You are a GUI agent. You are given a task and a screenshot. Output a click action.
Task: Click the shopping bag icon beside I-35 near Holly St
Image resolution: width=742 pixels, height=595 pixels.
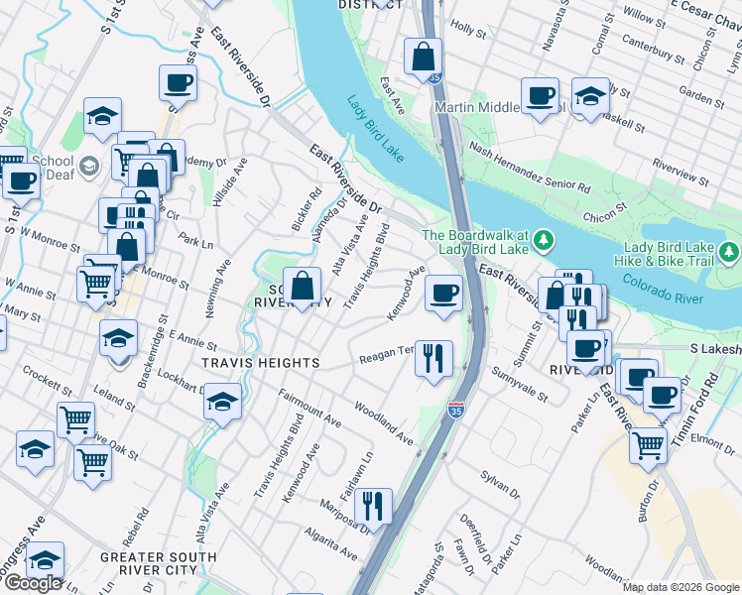click(424, 57)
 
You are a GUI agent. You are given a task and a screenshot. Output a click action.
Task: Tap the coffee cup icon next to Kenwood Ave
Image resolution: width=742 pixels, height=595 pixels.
click(443, 293)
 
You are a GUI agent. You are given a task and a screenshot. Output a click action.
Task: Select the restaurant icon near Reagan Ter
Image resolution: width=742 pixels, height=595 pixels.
click(433, 358)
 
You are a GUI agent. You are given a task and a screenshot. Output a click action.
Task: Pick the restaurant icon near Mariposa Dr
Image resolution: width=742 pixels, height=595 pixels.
click(373, 506)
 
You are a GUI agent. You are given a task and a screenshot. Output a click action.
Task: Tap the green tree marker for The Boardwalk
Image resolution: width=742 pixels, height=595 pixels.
click(543, 240)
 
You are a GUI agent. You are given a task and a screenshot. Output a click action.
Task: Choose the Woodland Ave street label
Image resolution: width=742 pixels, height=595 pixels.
click(383, 422)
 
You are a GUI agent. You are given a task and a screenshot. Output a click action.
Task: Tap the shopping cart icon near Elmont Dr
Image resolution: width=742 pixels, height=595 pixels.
click(648, 445)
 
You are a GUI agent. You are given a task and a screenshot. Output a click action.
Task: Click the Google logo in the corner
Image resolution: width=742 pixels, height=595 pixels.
click(33, 583)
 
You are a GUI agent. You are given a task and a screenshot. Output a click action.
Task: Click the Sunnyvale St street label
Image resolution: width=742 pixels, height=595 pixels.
click(520, 383)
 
